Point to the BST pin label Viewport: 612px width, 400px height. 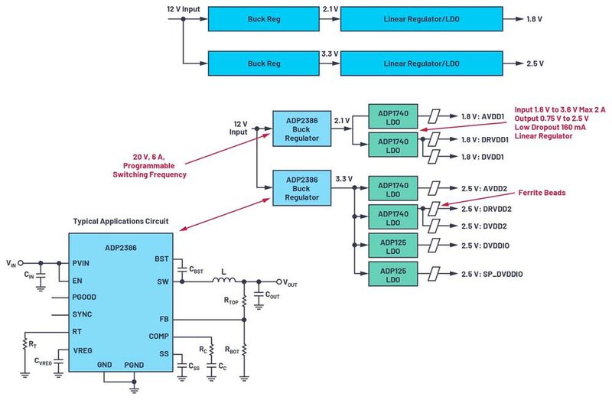[x=161, y=259]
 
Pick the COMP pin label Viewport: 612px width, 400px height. [x=159, y=336]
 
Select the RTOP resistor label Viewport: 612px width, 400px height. [x=232, y=301]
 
